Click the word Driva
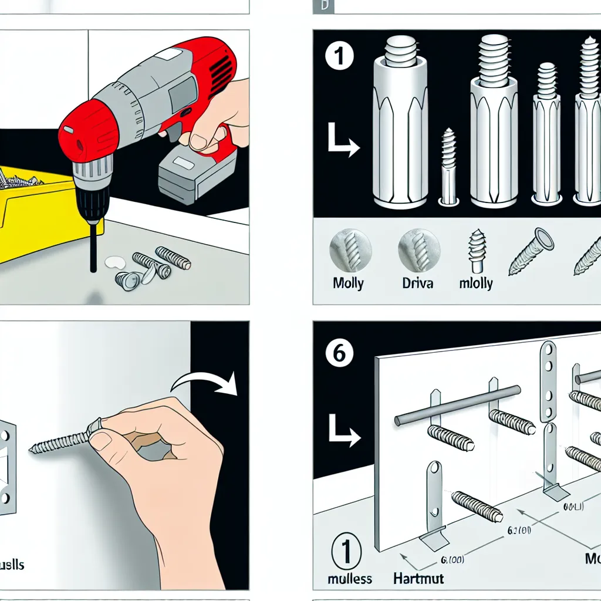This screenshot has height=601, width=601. click(418, 283)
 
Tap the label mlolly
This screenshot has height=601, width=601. click(475, 283)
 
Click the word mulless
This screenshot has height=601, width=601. click(350, 578)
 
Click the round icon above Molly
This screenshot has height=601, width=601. click(350, 250)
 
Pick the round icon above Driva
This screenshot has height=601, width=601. click(418, 250)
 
